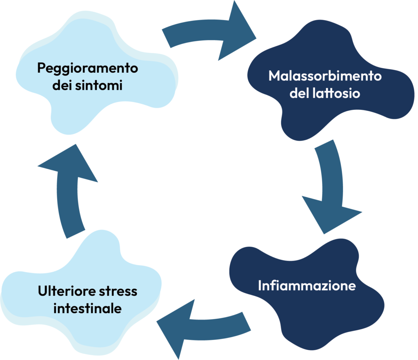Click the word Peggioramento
[87, 68]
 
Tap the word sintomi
[99, 85]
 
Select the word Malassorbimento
[325, 76]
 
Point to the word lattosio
[336, 93]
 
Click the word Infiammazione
[307, 286]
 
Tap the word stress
[118, 291]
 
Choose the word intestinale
[87, 308]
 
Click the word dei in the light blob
[62, 85]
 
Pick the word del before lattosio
[299, 93]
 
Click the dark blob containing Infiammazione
[307, 293]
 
